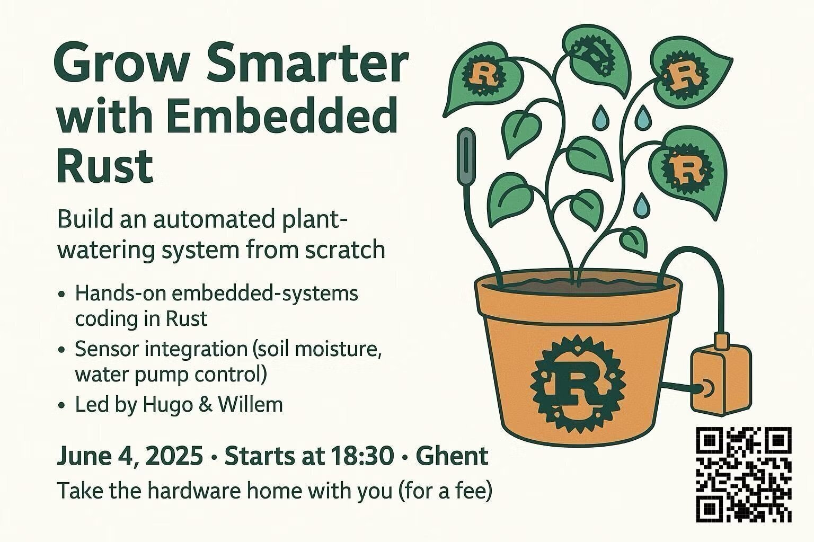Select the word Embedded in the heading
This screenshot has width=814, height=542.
[x=282, y=116]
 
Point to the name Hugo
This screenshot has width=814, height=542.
[x=167, y=405]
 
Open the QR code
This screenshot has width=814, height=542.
[x=744, y=475]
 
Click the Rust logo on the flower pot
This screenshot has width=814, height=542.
[x=578, y=385]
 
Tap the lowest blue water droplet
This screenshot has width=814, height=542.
[x=641, y=205]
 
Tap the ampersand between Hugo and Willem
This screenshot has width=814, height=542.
[x=205, y=404]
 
